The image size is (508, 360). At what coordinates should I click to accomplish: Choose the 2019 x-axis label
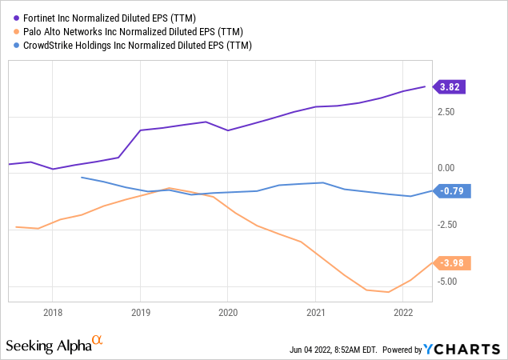pyautogui.click(x=140, y=313)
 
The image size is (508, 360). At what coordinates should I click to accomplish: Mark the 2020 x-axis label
pyautogui.click(x=228, y=313)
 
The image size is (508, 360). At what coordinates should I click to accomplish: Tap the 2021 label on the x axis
pyautogui.click(x=316, y=313)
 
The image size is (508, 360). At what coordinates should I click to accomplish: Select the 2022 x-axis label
pyautogui.click(x=404, y=313)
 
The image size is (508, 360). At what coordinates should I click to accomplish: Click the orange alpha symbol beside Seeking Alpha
pyautogui.click(x=97, y=341)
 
